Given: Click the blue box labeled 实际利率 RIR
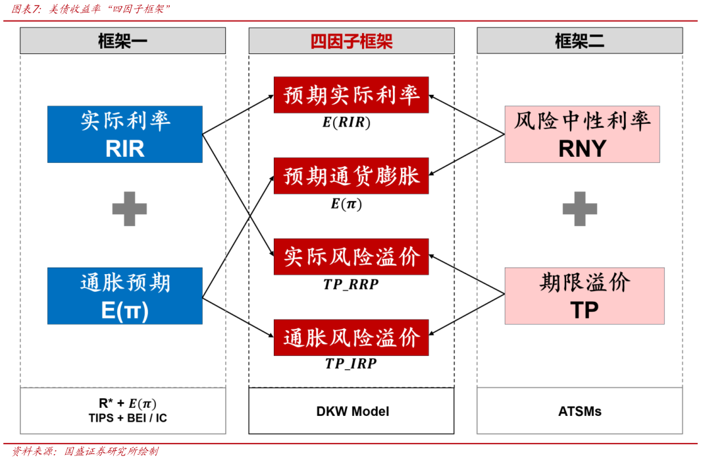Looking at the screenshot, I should (x=124, y=134).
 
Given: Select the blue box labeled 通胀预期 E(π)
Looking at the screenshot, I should (x=124, y=296).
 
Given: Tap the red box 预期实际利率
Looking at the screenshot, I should (x=351, y=95).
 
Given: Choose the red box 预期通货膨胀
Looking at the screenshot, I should (x=351, y=176).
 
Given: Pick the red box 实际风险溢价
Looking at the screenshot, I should (x=351, y=257).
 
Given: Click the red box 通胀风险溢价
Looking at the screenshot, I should (x=351, y=337).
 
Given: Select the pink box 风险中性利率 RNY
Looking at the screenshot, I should (x=582, y=134).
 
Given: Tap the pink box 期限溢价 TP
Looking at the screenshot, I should (x=584, y=296).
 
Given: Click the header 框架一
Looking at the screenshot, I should (x=122, y=41).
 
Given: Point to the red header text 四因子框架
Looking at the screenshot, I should (x=351, y=41).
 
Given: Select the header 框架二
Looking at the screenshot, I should (x=579, y=41).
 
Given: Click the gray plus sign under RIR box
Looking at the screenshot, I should (x=129, y=209).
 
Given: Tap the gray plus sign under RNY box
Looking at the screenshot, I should (x=579, y=209).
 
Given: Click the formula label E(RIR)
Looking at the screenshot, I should (x=346, y=122).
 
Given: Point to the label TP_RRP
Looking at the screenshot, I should (x=351, y=284).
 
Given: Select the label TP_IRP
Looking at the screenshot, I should (x=351, y=364).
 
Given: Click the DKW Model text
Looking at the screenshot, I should (x=352, y=411).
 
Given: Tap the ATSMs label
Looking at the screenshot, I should (x=579, y=411).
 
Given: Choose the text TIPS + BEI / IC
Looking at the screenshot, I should (x=127, y=418).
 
